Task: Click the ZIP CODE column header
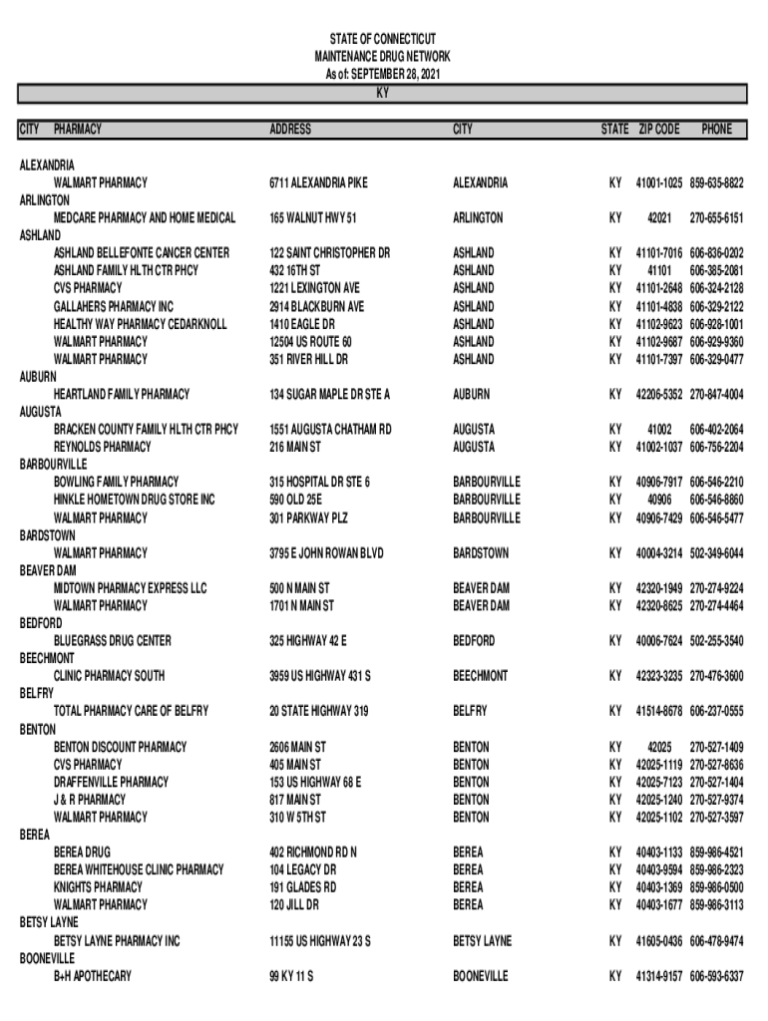pos(659,130)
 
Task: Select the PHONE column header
pos(716,130)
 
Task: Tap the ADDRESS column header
pos(290,130)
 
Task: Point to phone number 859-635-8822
pos(717,183)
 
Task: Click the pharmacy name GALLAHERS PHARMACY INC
pos(114,307)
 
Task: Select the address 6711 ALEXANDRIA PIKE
pos(318,183)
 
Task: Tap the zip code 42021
pos(659,218)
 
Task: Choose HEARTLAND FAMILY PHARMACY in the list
pos(122,395)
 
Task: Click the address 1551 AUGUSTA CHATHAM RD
pos(330,430)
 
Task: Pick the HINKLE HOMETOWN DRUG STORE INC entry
pos(134,500)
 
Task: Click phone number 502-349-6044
pos(717,553)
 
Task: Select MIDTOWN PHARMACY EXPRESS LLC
pos(131,588)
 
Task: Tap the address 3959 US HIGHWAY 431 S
pos(320,676)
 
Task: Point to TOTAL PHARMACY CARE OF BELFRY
pos(132,711)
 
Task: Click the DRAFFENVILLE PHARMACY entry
pos(111,782)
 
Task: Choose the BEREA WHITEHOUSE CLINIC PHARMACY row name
pos(139,870)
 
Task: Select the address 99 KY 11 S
pos(291,976)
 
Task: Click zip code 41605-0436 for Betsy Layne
pos(659,941)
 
